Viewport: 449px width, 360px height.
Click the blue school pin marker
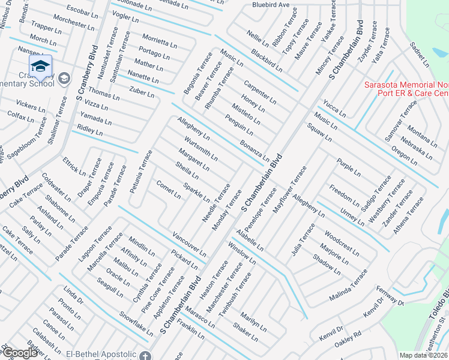coord(40,67)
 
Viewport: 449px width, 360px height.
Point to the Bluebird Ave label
coord(271,5)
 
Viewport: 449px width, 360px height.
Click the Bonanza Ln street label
coord(255,150)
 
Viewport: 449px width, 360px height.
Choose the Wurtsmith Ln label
coord(201,148)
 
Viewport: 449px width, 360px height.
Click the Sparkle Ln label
coord(196,191)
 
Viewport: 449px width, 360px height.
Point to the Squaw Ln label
coord(319,132)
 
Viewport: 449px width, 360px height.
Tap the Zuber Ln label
coord(142,92)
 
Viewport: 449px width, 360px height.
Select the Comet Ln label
coord(168,189)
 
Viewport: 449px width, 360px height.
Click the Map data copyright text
coord(423,355)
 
